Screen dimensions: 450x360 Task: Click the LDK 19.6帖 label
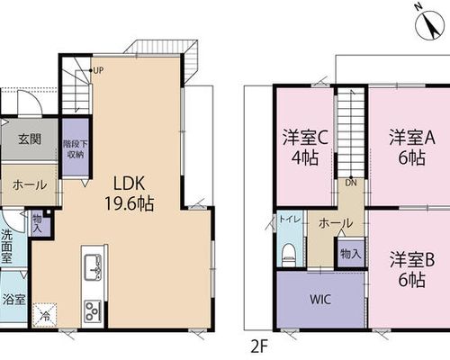point(130,193)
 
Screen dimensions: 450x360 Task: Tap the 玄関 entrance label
point(30,139)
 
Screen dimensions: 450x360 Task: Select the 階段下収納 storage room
point(76,147)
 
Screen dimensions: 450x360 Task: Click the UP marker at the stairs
point(98,70)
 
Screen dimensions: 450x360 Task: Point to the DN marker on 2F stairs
point(351,183)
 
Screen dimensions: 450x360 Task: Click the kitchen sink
point(93,267)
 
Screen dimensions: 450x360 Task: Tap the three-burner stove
point(93,310)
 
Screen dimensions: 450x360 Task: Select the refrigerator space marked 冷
point(44,316)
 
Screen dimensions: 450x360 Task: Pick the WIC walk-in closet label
point(320,300)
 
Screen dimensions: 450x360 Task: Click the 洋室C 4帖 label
point(305,148)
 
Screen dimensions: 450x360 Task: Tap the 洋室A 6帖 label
point(412,148)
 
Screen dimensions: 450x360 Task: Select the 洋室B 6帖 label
point(412,270)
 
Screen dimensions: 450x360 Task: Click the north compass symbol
point(429,24)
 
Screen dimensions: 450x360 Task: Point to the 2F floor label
point(258,347)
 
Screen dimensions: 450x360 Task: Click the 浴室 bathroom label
point(13,300)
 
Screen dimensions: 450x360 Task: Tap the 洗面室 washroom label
point(7,247)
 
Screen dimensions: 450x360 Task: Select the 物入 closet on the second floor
point(351,254)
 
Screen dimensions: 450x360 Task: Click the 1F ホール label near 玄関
point(30,184)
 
